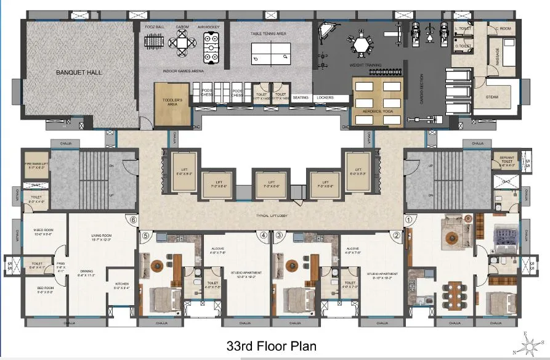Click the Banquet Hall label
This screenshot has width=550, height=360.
pos(79,72)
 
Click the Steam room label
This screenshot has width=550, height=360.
pos(492,97)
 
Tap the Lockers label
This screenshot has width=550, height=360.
pos(325,97)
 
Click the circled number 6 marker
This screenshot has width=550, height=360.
pos(130,218)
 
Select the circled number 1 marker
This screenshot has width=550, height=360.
pos(408,218)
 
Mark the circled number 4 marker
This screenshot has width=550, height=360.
pos(263,235)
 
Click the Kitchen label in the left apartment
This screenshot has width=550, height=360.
pos(121,285)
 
